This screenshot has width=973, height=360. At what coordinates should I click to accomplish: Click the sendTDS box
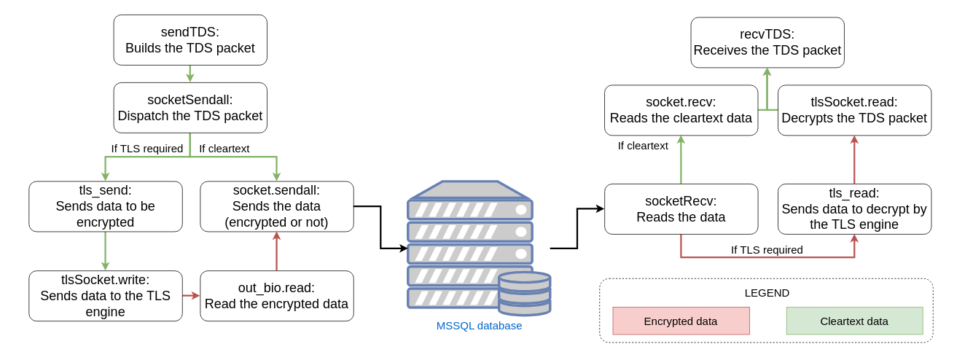click(190, 40)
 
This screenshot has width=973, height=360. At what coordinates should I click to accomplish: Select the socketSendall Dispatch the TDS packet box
click(190, 108)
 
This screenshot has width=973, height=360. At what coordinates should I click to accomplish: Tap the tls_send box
click(106, 206)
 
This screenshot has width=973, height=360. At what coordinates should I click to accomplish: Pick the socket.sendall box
click(277, 206)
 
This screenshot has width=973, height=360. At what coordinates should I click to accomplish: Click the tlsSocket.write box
click(106, 296)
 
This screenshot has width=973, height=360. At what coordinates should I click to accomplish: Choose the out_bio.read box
click(277, 296)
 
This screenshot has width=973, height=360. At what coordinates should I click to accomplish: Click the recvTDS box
click(767, 42)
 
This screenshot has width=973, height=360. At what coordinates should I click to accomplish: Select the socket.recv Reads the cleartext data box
click(681, 110)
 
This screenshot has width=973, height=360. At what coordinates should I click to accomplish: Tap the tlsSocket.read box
click(854, 110)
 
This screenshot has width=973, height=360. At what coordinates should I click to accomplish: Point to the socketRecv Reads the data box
click(681, 209)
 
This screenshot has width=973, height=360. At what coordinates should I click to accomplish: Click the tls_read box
click(854, 209)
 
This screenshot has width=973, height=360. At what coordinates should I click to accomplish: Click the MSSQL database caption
click(479, 326)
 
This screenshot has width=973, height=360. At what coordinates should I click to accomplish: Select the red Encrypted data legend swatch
click(681, 321)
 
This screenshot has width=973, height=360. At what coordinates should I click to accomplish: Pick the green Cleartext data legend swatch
click(854, 321)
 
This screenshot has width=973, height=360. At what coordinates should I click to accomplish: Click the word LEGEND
click(767, 293)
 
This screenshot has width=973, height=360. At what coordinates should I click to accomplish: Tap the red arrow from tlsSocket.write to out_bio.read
click(191, 296)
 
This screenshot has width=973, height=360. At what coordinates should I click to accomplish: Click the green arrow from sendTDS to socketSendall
click(189, 74)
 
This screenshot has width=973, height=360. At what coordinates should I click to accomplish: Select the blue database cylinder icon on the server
click(525, 293)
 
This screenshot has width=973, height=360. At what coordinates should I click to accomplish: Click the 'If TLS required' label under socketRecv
click(767, 250)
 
